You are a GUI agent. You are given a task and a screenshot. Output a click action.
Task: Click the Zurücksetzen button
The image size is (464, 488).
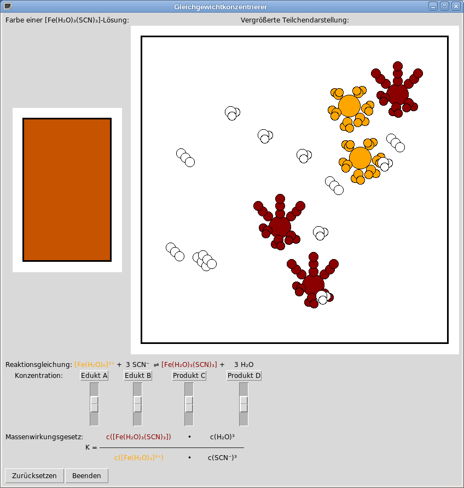point(34,475)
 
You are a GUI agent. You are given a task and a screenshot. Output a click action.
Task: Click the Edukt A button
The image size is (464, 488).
point(94,376)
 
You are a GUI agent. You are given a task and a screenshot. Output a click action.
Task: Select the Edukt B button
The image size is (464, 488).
point(138,376)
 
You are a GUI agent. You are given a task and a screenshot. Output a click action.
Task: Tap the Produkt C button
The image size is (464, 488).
point(189,376)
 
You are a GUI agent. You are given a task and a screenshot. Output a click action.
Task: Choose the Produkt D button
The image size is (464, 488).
point(244,376)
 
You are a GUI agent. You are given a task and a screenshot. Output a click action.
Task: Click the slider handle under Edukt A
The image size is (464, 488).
point(94,404)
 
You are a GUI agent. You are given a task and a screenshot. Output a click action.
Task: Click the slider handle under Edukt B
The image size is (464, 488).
point(137,404)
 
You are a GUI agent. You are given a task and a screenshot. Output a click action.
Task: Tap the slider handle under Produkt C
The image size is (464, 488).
point(189,404)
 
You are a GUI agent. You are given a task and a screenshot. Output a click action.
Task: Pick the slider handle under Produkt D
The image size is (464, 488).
point(244,404)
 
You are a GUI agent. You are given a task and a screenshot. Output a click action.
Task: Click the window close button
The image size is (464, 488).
point(456,6)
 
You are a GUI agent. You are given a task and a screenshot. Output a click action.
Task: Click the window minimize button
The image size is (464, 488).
point(433,6)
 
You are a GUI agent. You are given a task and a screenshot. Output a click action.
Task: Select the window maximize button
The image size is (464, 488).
point(444,6)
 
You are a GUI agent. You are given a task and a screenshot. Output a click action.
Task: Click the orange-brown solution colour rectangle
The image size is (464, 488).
point(67,190)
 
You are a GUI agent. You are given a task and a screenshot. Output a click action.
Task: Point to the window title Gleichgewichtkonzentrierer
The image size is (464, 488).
point(221,7)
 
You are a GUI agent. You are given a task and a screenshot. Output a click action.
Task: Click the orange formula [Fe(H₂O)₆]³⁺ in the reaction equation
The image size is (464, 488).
point(94,364)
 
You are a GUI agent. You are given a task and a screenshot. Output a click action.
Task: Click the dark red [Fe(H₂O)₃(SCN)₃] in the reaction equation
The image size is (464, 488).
point(189,364)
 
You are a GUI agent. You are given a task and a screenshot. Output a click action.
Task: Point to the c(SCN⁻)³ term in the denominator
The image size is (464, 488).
point(222,457)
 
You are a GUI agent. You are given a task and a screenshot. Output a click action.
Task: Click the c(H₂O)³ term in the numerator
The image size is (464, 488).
point(222,437)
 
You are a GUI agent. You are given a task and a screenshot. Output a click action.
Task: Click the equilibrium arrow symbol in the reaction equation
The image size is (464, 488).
point(156,365)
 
